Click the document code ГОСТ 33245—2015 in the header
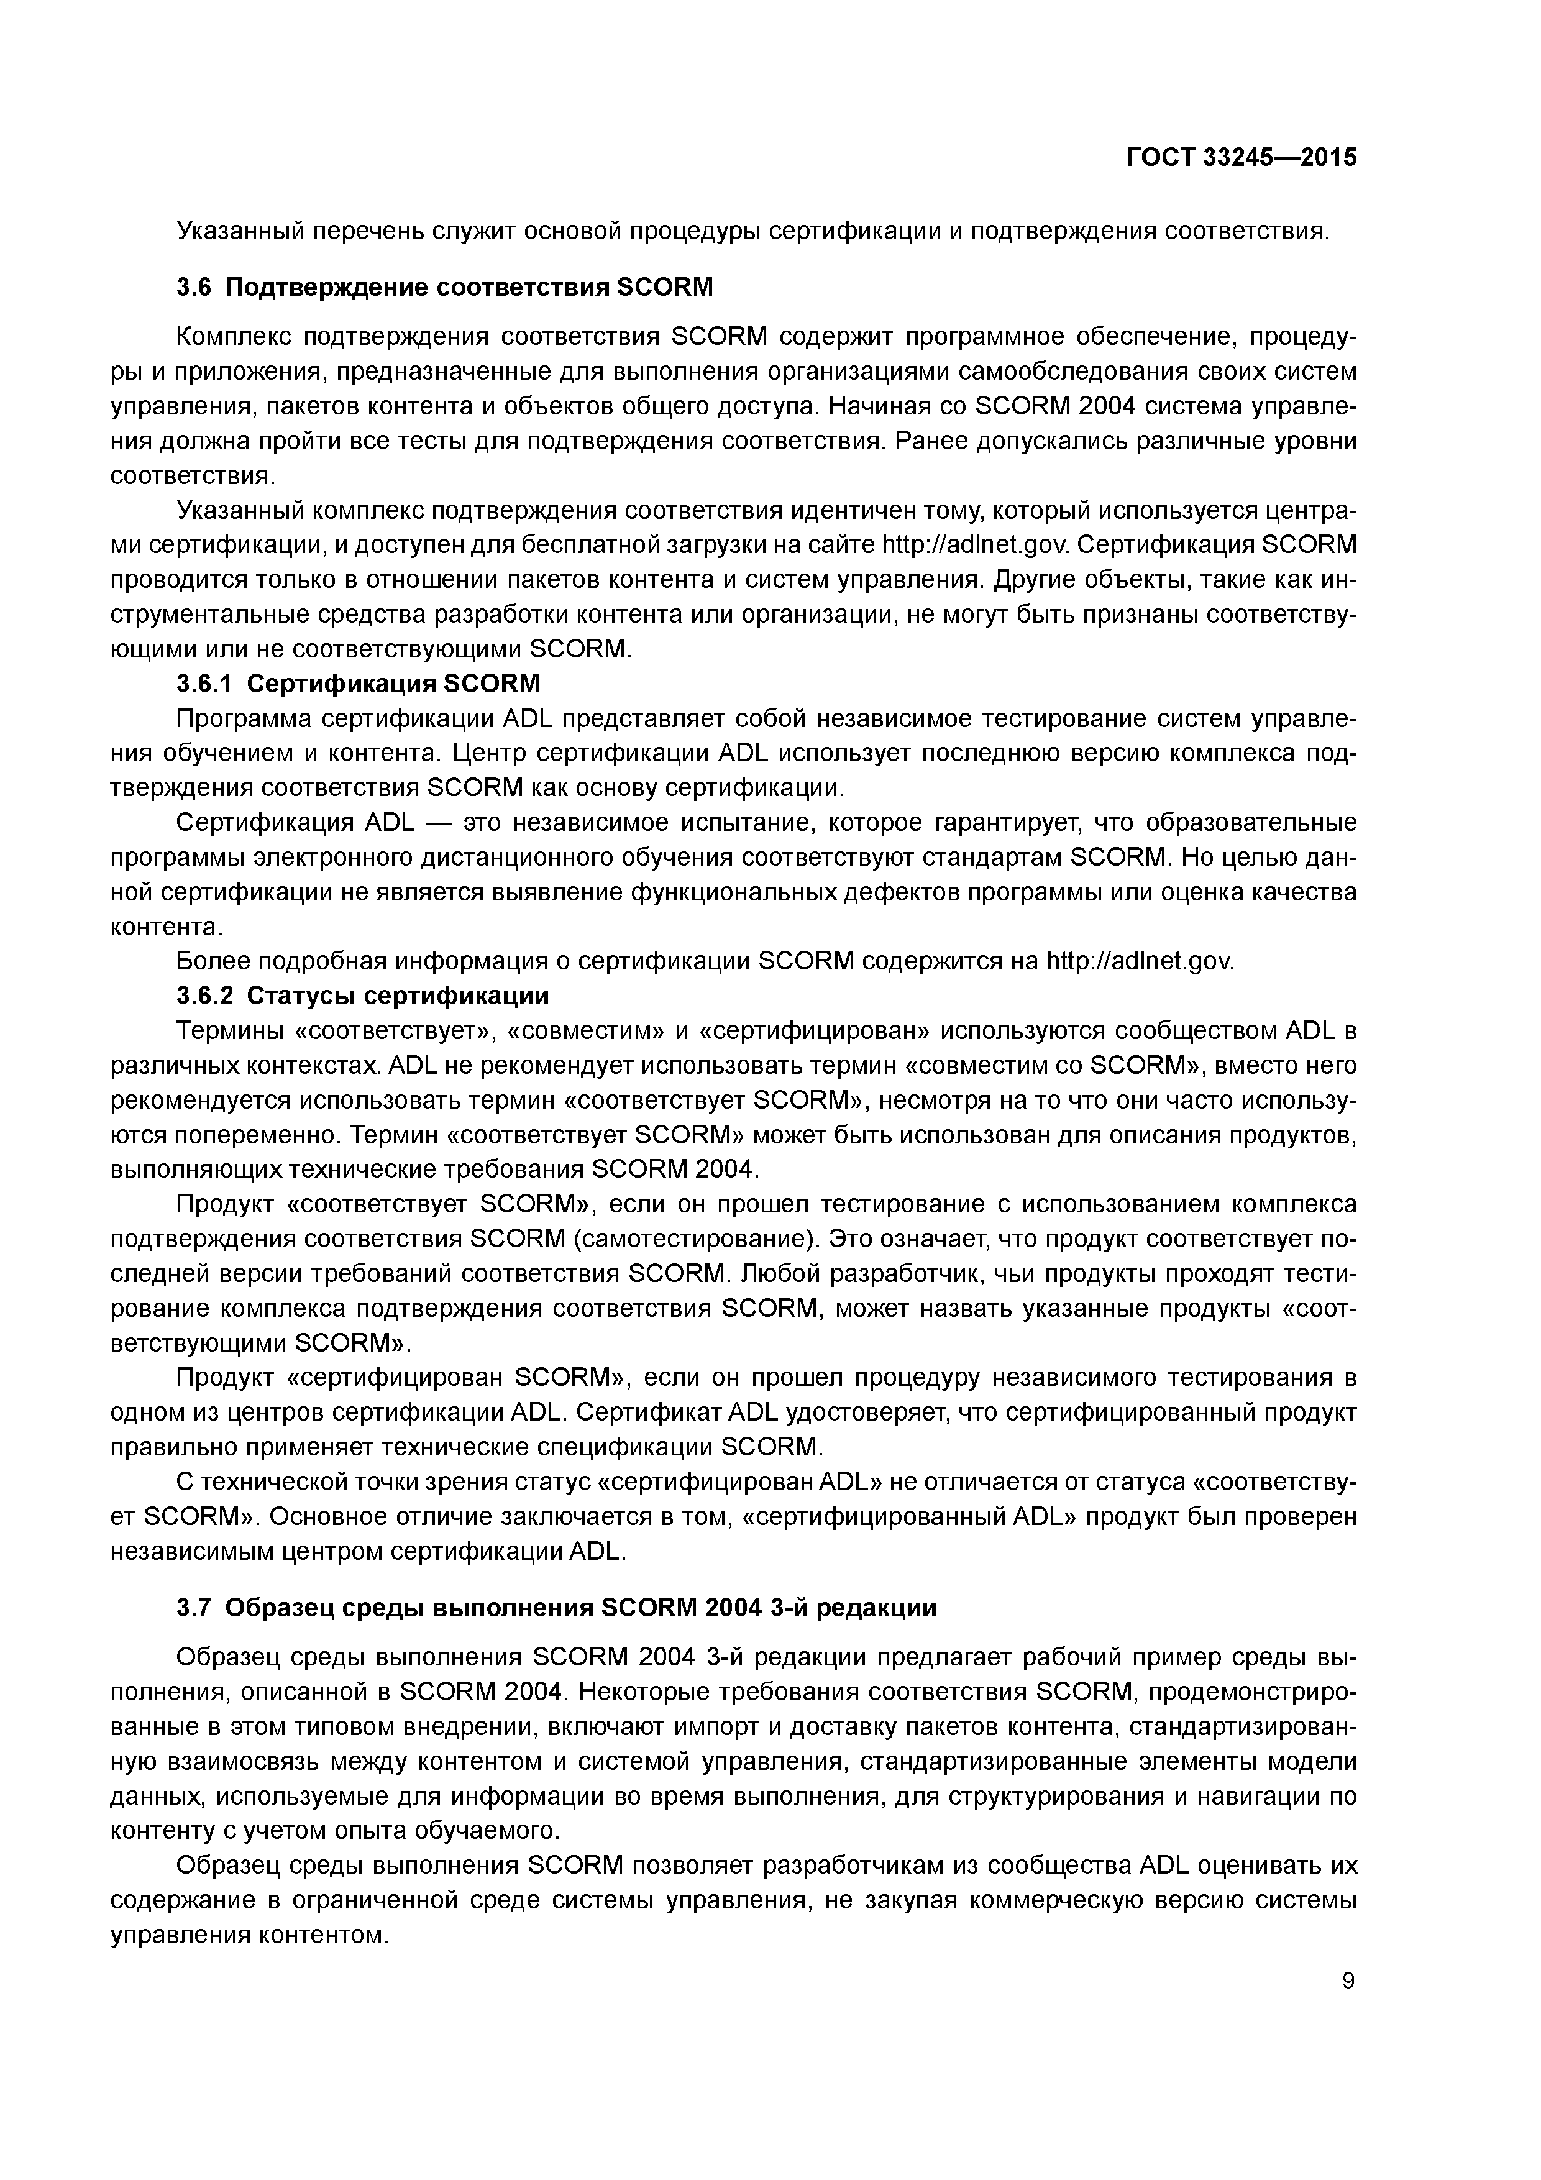tap(1241, 158)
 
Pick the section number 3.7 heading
tap(194, 1608)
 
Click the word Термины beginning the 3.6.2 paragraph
tap(228, 1030)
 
